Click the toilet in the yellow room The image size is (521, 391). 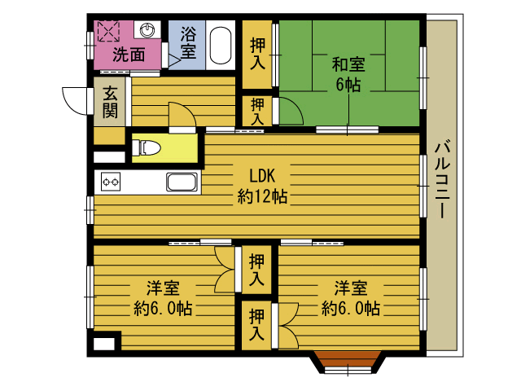[147, 147]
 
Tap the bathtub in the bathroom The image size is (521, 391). [221, 46]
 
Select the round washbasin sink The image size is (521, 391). [147, 30]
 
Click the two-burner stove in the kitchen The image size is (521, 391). [111, 182]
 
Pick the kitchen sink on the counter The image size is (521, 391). [182, 182]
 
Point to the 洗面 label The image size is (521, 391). [129, 55]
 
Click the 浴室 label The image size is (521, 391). [188, 42]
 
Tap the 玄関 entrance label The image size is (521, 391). [110, 102]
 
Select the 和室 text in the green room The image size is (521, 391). [348, 64]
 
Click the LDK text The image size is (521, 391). [262, 176]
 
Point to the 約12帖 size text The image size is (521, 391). [262, 196]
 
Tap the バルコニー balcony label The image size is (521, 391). [442, 179]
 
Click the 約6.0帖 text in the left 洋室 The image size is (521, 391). [163, 308]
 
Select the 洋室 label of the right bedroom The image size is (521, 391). [351, 288]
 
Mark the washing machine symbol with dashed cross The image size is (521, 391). [108, 31]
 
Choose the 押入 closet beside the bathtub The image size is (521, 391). [257, 55]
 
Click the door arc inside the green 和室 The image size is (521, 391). [291, 111]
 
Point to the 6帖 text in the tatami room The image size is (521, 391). [348, 85]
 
